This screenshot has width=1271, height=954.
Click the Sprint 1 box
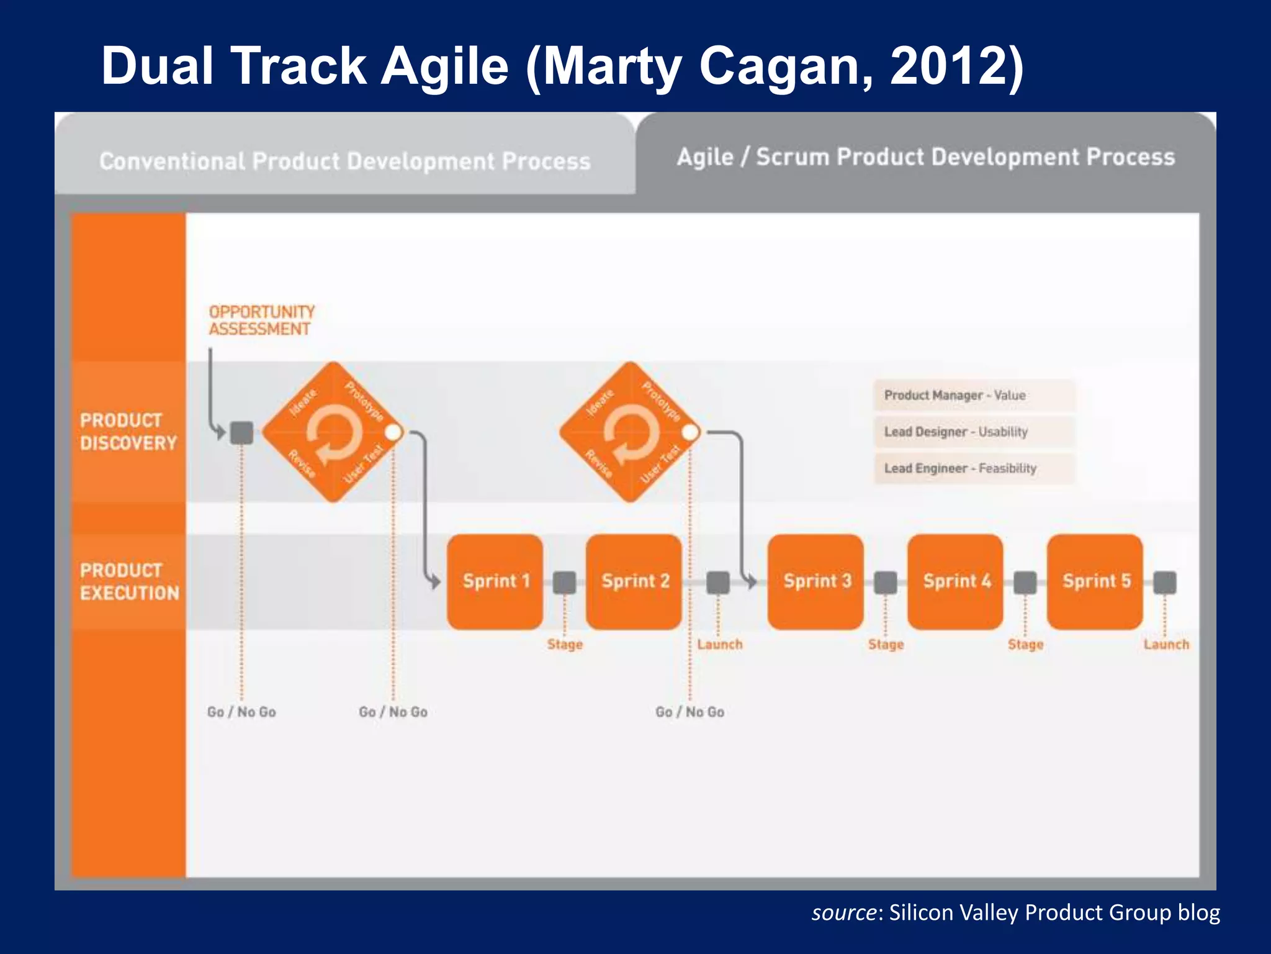(x=495, y=581)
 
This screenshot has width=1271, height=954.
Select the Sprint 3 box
(x=815, y=581)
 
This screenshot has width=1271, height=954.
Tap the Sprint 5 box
(x=1095, y=581)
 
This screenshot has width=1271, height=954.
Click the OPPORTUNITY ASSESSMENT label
(x=261, y=320)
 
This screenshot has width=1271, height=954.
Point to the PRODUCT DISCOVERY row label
(x=128, y=432)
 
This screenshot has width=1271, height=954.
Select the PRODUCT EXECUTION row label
(x=129, y=581)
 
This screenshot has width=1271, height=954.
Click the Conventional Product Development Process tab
(x=345, y=161)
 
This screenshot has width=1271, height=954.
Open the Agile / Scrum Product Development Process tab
(x=925, y=157)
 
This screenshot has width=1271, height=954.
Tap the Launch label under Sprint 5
(x=1166, y=645)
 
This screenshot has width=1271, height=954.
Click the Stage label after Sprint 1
(x=565, y=645)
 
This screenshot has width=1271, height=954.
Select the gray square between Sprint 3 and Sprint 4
(x=886, y=583)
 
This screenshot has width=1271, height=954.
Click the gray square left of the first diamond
(x=242, y=432)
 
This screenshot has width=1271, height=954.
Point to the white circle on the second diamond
(x=690, y=432)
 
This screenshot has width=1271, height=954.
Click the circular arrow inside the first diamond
(x=334, y=432)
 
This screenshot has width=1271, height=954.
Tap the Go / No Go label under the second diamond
(x=689, y=712)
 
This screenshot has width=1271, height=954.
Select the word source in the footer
(x=844, y=912)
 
